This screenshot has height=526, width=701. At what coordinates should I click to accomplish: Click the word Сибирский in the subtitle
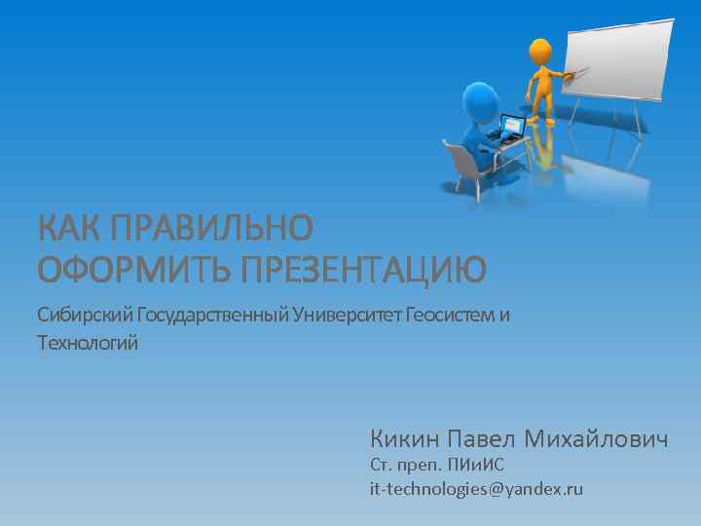(85, 315)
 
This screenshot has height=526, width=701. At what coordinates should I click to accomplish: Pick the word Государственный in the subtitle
(212, 315)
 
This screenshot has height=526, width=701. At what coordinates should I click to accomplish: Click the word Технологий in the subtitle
(88, 343)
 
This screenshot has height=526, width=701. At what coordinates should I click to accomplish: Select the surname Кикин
(401, 439)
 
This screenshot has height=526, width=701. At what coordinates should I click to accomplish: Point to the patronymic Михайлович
(596, 439)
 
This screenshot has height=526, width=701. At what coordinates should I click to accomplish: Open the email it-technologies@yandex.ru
(476, 489)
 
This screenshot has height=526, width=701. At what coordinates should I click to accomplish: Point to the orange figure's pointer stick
(574, 72)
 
